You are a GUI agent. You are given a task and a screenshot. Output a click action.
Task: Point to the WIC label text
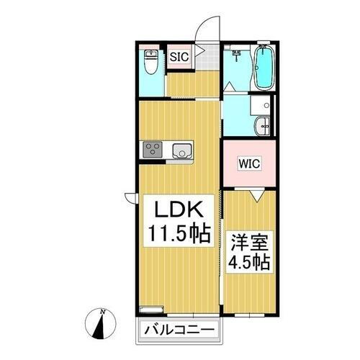coord(248,163)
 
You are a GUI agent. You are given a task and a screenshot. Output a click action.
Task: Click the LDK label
coord(176,211)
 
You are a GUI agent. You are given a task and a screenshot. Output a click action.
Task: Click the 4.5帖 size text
coord(249,261)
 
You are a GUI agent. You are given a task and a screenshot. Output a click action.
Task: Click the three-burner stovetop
coord(153,150)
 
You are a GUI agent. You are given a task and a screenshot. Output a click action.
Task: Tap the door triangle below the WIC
coord(256,193)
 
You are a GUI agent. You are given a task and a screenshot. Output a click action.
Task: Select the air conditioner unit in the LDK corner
coord(150,310)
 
